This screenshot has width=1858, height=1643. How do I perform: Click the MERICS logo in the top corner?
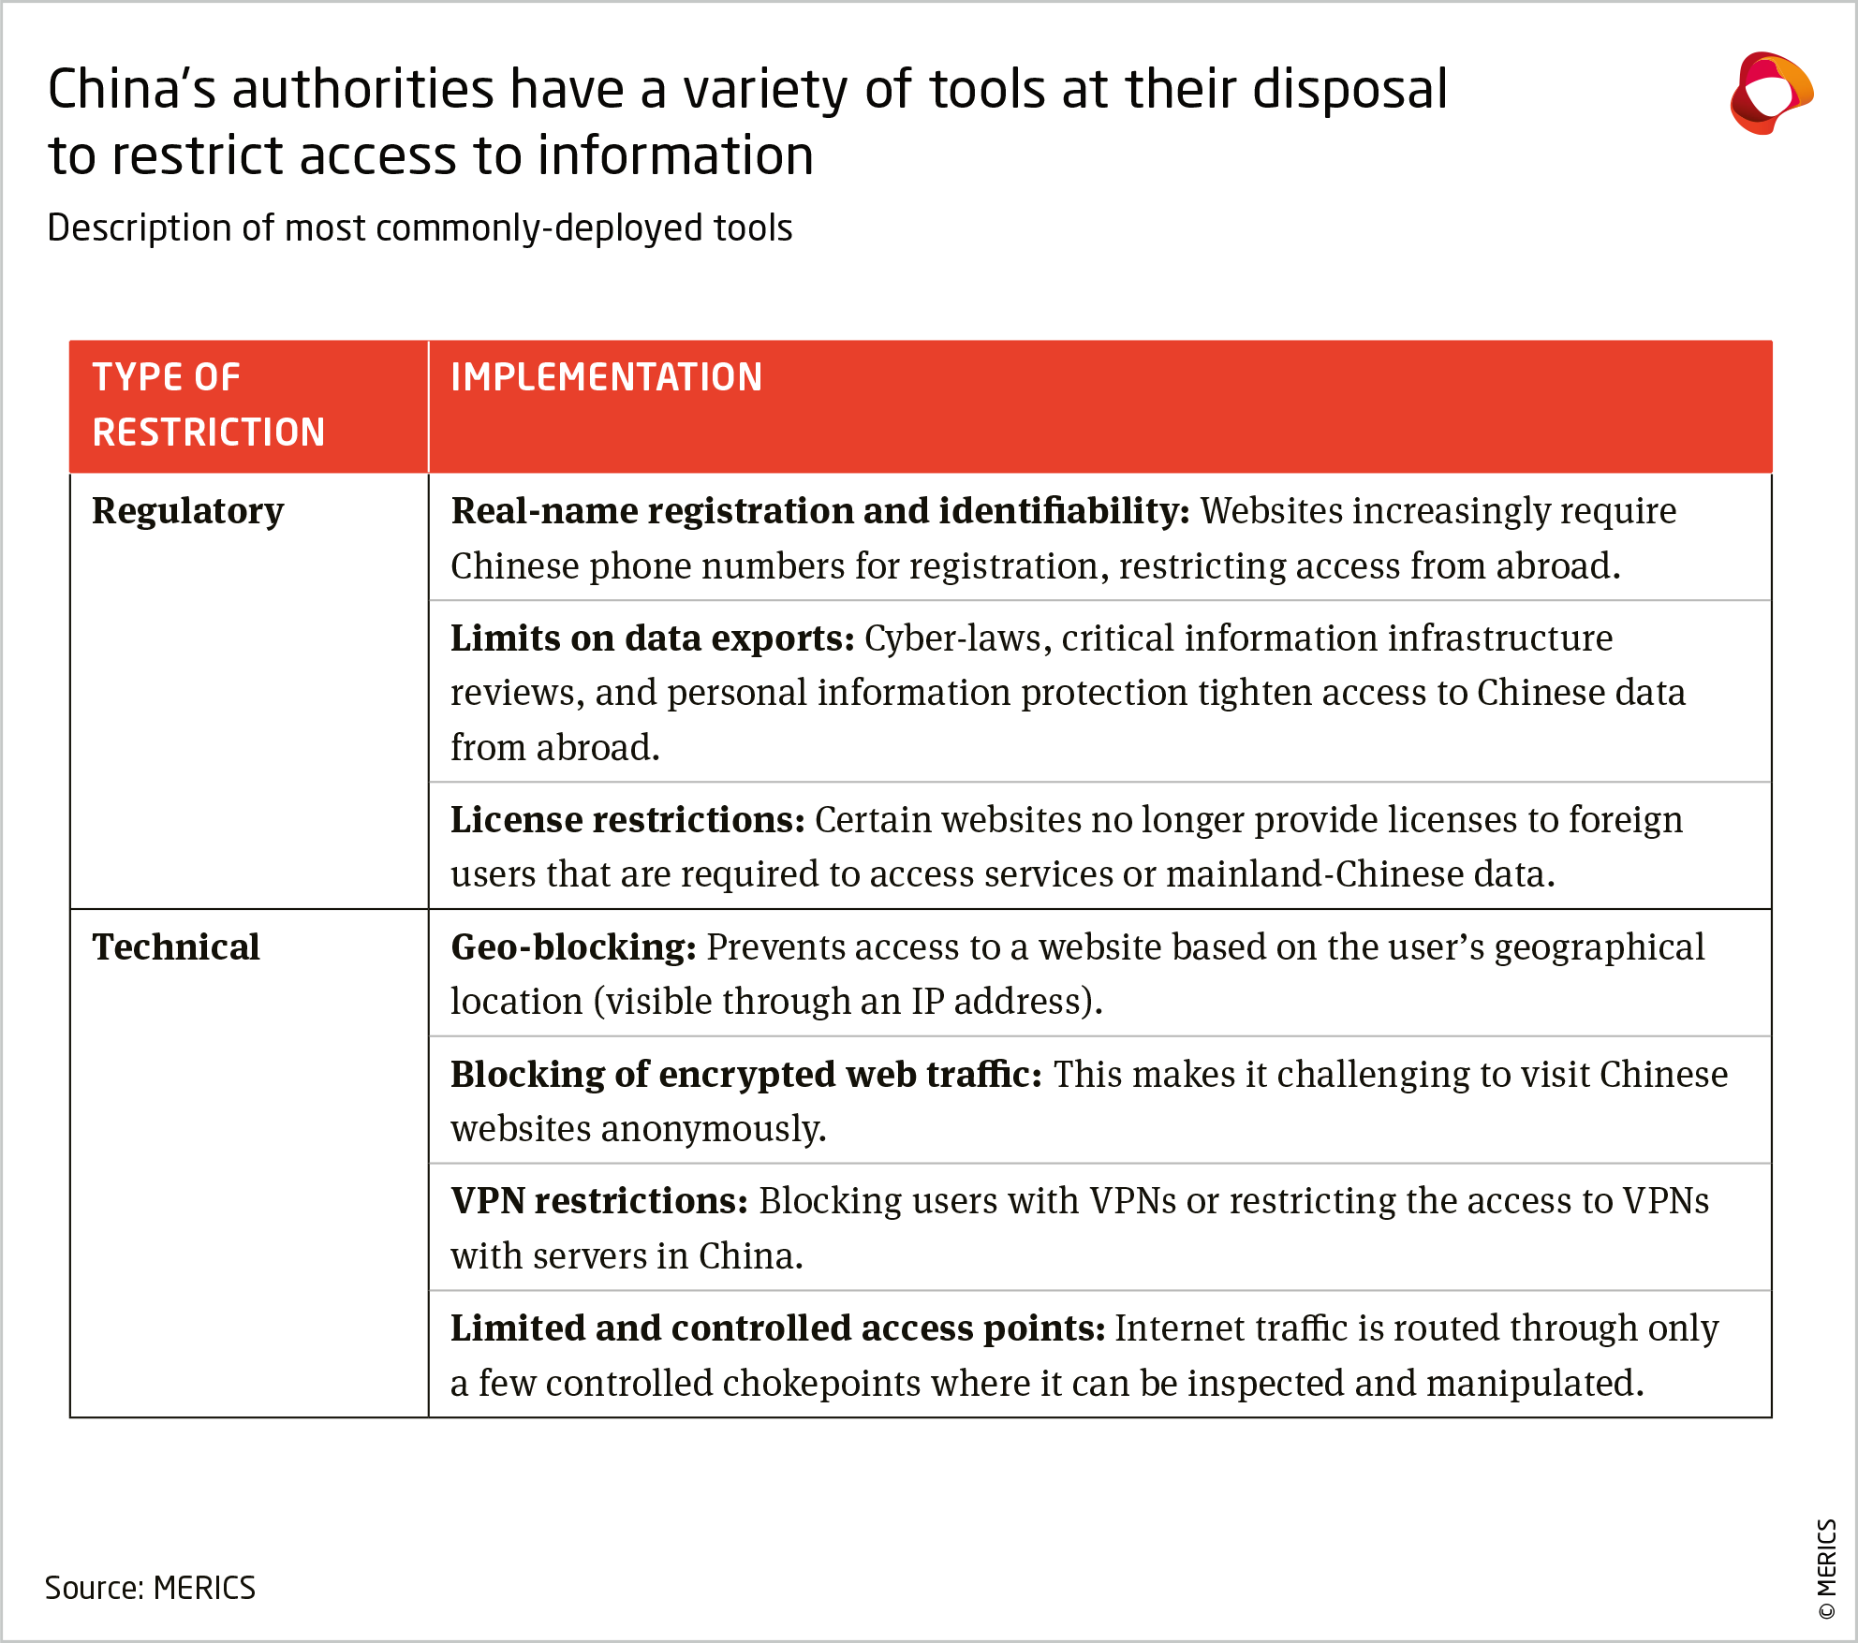(x=1770, y=94)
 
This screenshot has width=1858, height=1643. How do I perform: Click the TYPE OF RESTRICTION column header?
(x=208, y=404)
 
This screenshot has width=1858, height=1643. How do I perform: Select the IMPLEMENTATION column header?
(x=606, y=377)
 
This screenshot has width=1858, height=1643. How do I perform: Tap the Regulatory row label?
(x=187, y=511)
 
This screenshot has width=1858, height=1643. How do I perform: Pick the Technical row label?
(x=176, y=947)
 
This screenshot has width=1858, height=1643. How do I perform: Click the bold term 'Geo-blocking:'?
(x=573, y=947)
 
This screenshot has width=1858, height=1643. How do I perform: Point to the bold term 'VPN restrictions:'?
(x=599, y=1201)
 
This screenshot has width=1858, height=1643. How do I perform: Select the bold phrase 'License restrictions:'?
(x=627, y=820)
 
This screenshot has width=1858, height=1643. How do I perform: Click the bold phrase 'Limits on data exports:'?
(x=652, y=638)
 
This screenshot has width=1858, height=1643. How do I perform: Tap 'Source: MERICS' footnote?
(x=150, y=1588)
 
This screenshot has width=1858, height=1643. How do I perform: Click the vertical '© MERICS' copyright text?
(x=1826, y=1568)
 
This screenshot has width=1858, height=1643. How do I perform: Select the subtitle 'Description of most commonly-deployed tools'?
(x=420, y=228)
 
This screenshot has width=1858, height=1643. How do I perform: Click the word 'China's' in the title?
(x=131, y=90)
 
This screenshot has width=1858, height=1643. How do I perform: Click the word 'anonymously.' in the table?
(x=714, y=1129)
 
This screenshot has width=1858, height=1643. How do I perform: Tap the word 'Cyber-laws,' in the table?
(x=957, y=638)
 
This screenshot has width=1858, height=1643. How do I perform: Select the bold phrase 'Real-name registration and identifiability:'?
(x=819, y=511)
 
